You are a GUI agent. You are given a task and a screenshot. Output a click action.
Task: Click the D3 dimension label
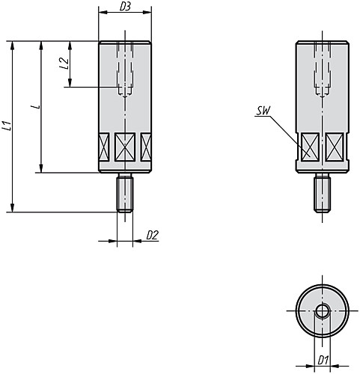pyautogui.click(x=125, y=7)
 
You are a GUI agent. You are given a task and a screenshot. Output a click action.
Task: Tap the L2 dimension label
pyautogui.click(x=64, y=64)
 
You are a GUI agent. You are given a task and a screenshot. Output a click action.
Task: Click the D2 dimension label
pyautogui.click(x=152, y=235)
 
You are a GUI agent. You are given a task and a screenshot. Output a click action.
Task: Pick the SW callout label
pyautogui.click(x=263, y=111)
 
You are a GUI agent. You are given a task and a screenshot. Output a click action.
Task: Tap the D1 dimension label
pyautogui.click(x=323, y=360)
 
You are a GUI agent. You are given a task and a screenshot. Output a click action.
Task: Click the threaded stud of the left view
pyautogui.click(x=125, y=193)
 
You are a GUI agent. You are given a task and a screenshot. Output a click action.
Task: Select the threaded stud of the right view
pyautogui.click(x=323, y=193)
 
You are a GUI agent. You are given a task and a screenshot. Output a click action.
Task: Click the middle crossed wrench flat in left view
pyautogui.click(x=125, y=147)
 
